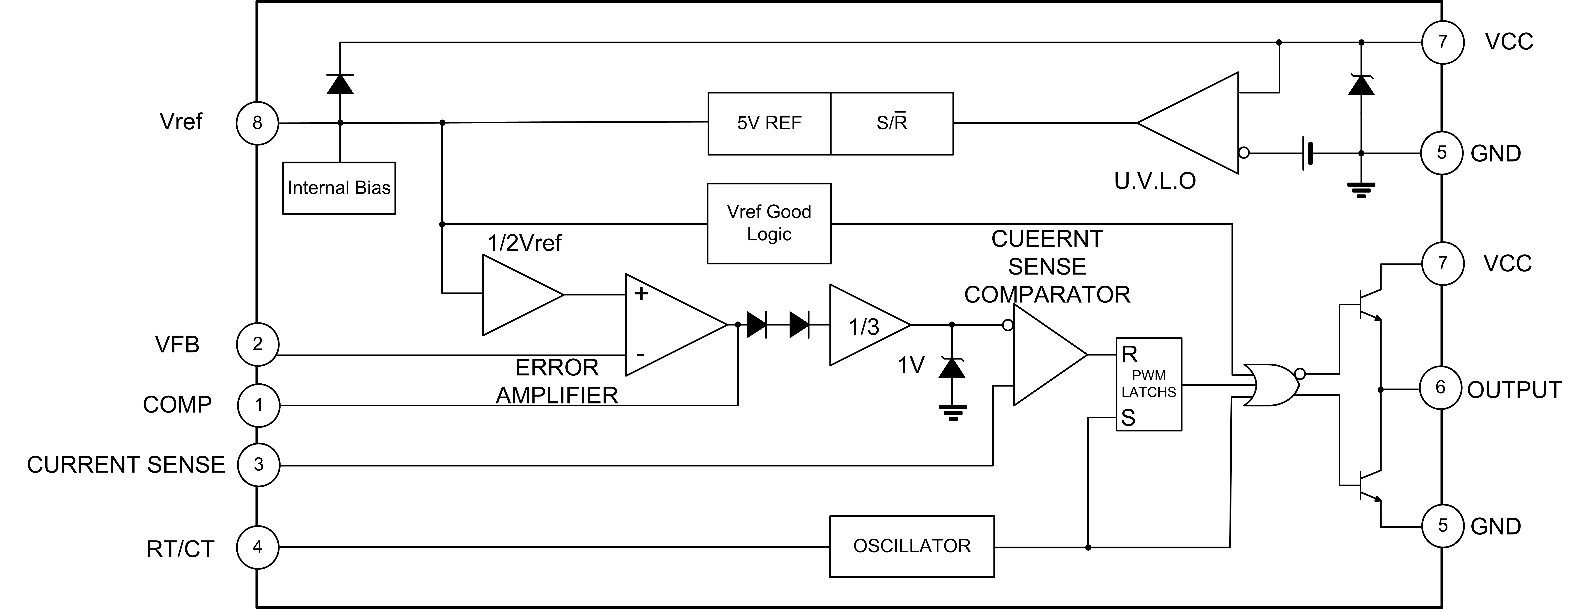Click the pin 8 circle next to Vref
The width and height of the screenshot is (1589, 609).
pyautogui.click(x=257, y=123)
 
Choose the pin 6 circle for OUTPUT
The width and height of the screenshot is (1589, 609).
pyautogui.click(x=1441, y=387)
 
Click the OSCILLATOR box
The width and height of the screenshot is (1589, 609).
pyautogui.click(x=912, y=546)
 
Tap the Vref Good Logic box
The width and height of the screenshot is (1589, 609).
pyautogui.click(x=769, y=223)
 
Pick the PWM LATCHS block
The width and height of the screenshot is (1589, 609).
pyautogui.click(x=1148, y=384)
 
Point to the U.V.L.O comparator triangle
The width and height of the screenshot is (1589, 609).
pyautogui.click(x=1197, y=123)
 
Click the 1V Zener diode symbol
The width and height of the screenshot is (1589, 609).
pyautogui.click(x=951, y=368)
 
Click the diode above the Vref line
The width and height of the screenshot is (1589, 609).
pyautogui.click(x=340, y=83)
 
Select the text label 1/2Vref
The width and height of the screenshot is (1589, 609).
pyautogui.click(x=524, y=243)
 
